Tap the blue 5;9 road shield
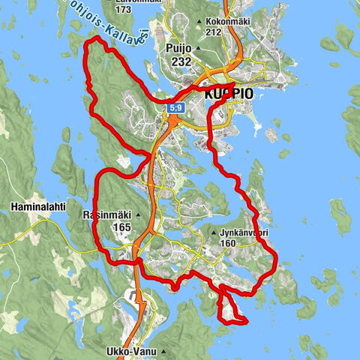point(175,109)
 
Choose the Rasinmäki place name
point(106,214)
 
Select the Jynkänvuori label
point(245,232)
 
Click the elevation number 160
point(229,243)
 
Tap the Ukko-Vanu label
point(154,352)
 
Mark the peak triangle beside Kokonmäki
point(198,22)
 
